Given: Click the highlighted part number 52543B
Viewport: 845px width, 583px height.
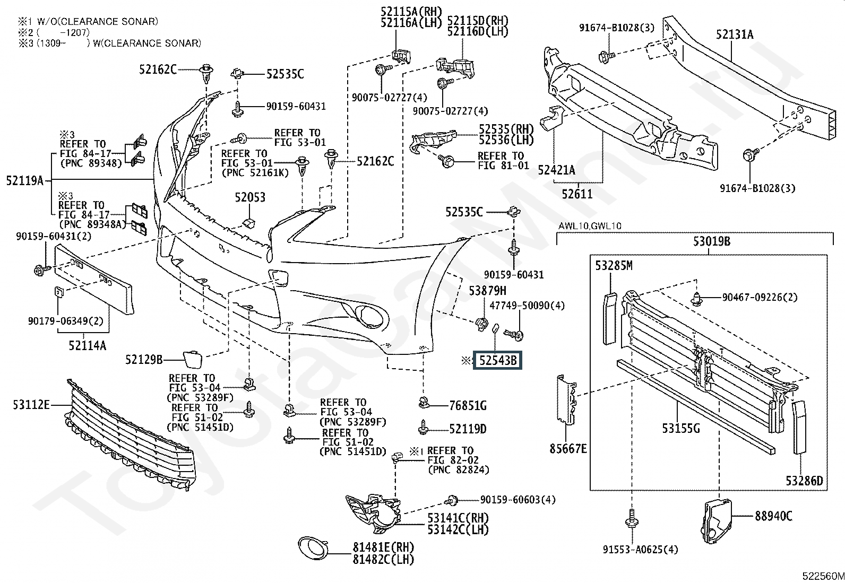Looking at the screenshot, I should [x=498, y=361].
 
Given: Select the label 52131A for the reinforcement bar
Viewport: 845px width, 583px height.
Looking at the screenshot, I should [x=734, y=34].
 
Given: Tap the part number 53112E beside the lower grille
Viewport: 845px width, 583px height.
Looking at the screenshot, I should [x=31, y=406].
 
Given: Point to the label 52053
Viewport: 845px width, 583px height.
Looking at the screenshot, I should [x=250, y=197].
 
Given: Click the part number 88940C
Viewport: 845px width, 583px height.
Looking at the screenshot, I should [x=773, y=515].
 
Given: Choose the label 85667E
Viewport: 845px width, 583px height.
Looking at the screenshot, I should [x=568, y=449].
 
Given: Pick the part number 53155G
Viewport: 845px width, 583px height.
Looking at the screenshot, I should [x=681, y=428].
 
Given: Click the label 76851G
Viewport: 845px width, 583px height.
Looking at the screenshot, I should [x=468, y=406].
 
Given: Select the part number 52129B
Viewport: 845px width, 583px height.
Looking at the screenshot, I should [x=144, y=360].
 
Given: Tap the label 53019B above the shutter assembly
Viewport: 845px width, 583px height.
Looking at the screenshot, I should [x=711, y=241].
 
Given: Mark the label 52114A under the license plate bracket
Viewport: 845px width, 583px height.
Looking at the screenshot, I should [x=87, y=346].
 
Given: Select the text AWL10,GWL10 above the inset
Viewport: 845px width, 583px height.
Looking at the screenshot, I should [x=589, y=226].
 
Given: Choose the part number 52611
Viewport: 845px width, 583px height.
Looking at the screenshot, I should [x=577, y=194].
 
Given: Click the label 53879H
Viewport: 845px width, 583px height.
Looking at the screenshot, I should [x=487, y=291].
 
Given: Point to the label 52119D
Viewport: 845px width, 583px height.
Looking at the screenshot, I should [x=468, y=428].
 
